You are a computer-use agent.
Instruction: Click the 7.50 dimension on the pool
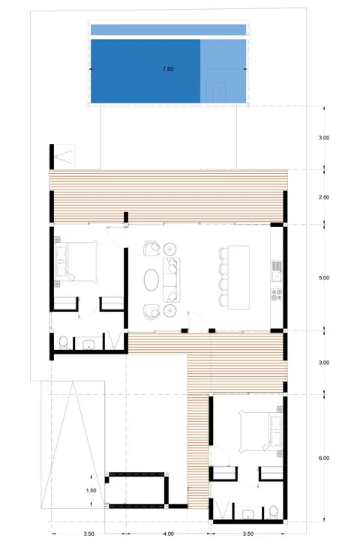pos(168,69)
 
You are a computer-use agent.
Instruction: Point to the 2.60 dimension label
pos(324,197)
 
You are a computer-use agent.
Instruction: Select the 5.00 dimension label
pos(324,278)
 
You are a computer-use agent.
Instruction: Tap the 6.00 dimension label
pos(324,458)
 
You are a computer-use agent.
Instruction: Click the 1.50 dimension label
pos(91,490)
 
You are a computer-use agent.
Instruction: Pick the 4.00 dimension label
pos(169,534)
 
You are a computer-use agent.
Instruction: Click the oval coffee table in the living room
pos(151,279)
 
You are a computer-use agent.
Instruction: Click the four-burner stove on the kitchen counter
pos(277,294)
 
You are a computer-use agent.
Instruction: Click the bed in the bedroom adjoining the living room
pos(76,262)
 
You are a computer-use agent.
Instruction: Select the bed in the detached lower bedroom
pos(261,432)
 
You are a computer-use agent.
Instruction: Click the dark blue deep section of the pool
pos(145,71)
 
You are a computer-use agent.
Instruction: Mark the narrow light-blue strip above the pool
pos(168,30)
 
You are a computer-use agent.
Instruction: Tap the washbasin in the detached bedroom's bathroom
pos(247,513)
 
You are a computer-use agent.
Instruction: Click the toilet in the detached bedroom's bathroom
pos(273,512)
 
